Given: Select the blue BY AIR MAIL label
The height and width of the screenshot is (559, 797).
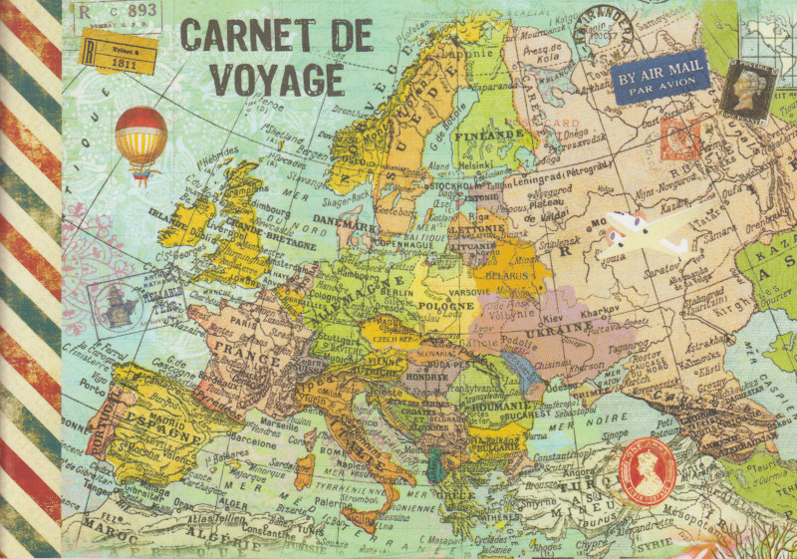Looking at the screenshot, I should coord(661,77).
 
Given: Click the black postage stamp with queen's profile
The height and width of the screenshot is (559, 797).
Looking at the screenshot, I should coord(749,89).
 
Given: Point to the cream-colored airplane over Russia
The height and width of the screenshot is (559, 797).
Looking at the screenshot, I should coord(648,231).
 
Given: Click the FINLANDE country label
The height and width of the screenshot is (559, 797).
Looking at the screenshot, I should coord(488,134).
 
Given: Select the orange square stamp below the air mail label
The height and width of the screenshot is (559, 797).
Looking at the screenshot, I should coord(680,139).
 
